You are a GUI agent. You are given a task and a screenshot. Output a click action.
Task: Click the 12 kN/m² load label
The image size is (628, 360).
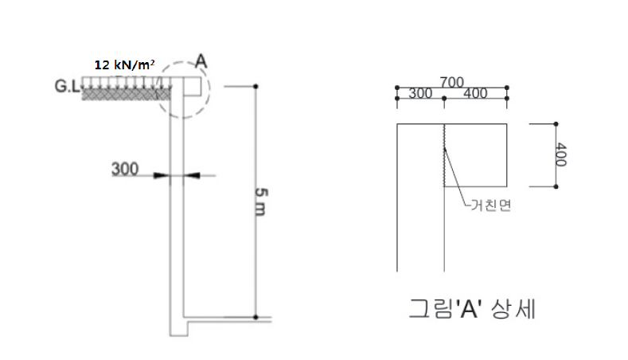tap(124, 65)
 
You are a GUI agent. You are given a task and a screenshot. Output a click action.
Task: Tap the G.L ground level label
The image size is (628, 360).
tap(67, 86)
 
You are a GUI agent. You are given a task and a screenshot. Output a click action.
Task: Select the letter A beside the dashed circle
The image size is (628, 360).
tap(201, 61)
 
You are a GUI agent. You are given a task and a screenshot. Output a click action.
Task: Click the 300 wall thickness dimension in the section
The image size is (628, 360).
tap(125, 169)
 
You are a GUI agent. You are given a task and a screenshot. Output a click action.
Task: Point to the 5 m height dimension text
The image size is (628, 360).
tap(261, 202)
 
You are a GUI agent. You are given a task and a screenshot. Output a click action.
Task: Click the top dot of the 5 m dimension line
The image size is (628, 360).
tap(255, 86)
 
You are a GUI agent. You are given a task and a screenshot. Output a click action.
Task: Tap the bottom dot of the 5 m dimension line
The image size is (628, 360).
tap(255, 317)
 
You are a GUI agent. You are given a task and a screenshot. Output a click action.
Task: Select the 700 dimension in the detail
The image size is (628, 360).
tap(452, 82)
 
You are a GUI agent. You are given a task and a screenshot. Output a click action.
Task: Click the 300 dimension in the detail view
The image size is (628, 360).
tap(420, 93)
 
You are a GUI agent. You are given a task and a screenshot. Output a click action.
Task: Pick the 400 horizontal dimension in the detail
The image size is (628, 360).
tap(475, 93)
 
